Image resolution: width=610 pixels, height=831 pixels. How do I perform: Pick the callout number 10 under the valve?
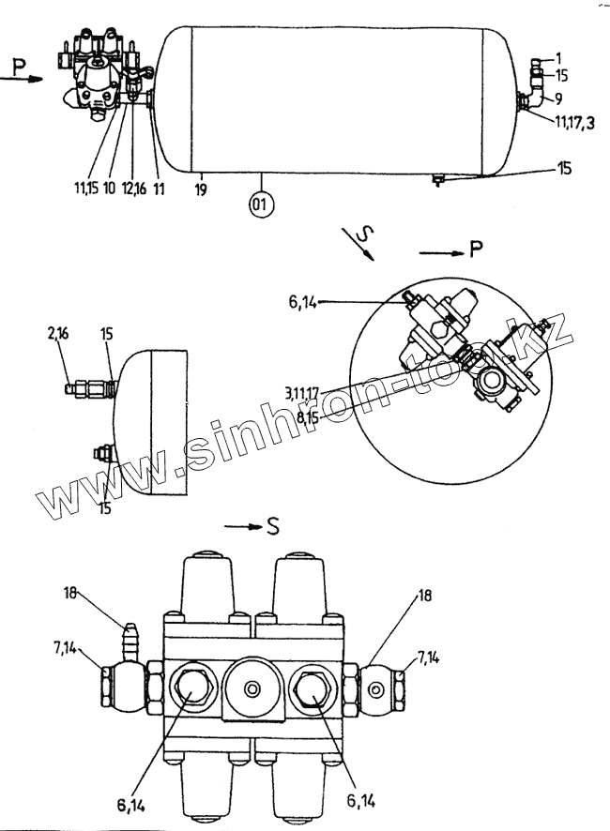110,189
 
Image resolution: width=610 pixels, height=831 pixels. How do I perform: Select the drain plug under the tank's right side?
435,181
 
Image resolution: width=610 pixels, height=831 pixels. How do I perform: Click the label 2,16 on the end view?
59,333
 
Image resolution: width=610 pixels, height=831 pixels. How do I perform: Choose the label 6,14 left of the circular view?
306,301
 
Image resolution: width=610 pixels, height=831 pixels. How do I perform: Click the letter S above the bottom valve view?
272,526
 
